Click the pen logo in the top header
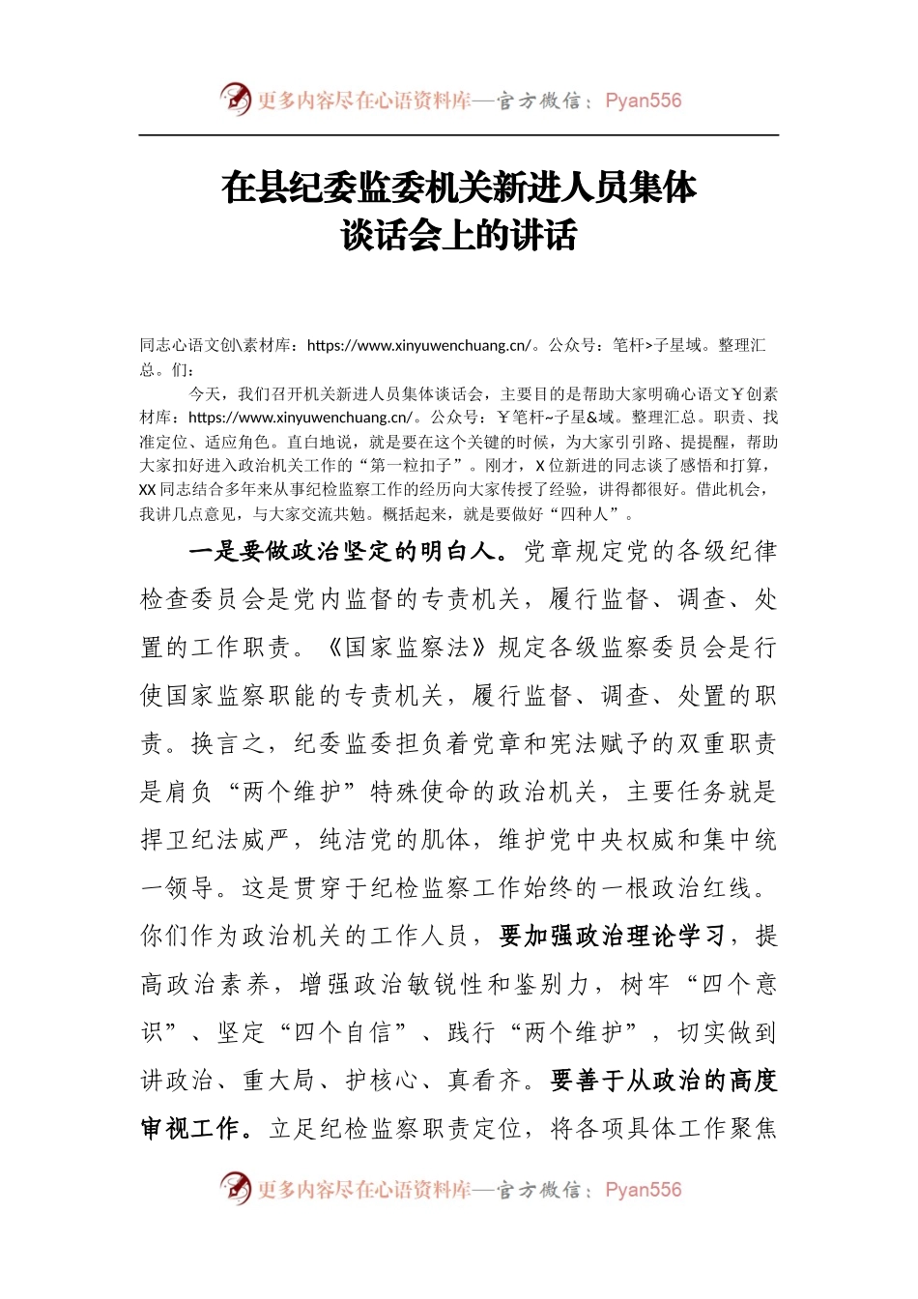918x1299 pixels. (235, 99)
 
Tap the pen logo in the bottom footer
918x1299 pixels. (235, 1188)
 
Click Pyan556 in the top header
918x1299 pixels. (643, 101)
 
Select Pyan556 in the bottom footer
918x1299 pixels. (643, 1190)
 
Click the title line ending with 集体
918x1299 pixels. (459, 188)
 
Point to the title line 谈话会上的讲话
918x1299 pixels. (459, 236)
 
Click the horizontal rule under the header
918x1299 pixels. (459, 135)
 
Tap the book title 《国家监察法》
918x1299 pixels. (407, 648)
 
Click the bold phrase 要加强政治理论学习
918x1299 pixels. (612, 937)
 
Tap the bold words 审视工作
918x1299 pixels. (190, 1129)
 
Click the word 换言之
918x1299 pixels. (229, 744)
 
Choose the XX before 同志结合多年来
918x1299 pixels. (148, 490)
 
